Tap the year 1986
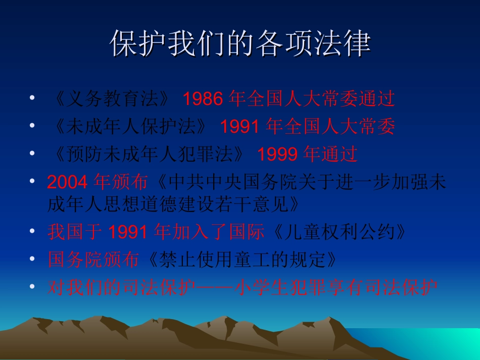202,99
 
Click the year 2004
68,182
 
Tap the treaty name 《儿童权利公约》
338,232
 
